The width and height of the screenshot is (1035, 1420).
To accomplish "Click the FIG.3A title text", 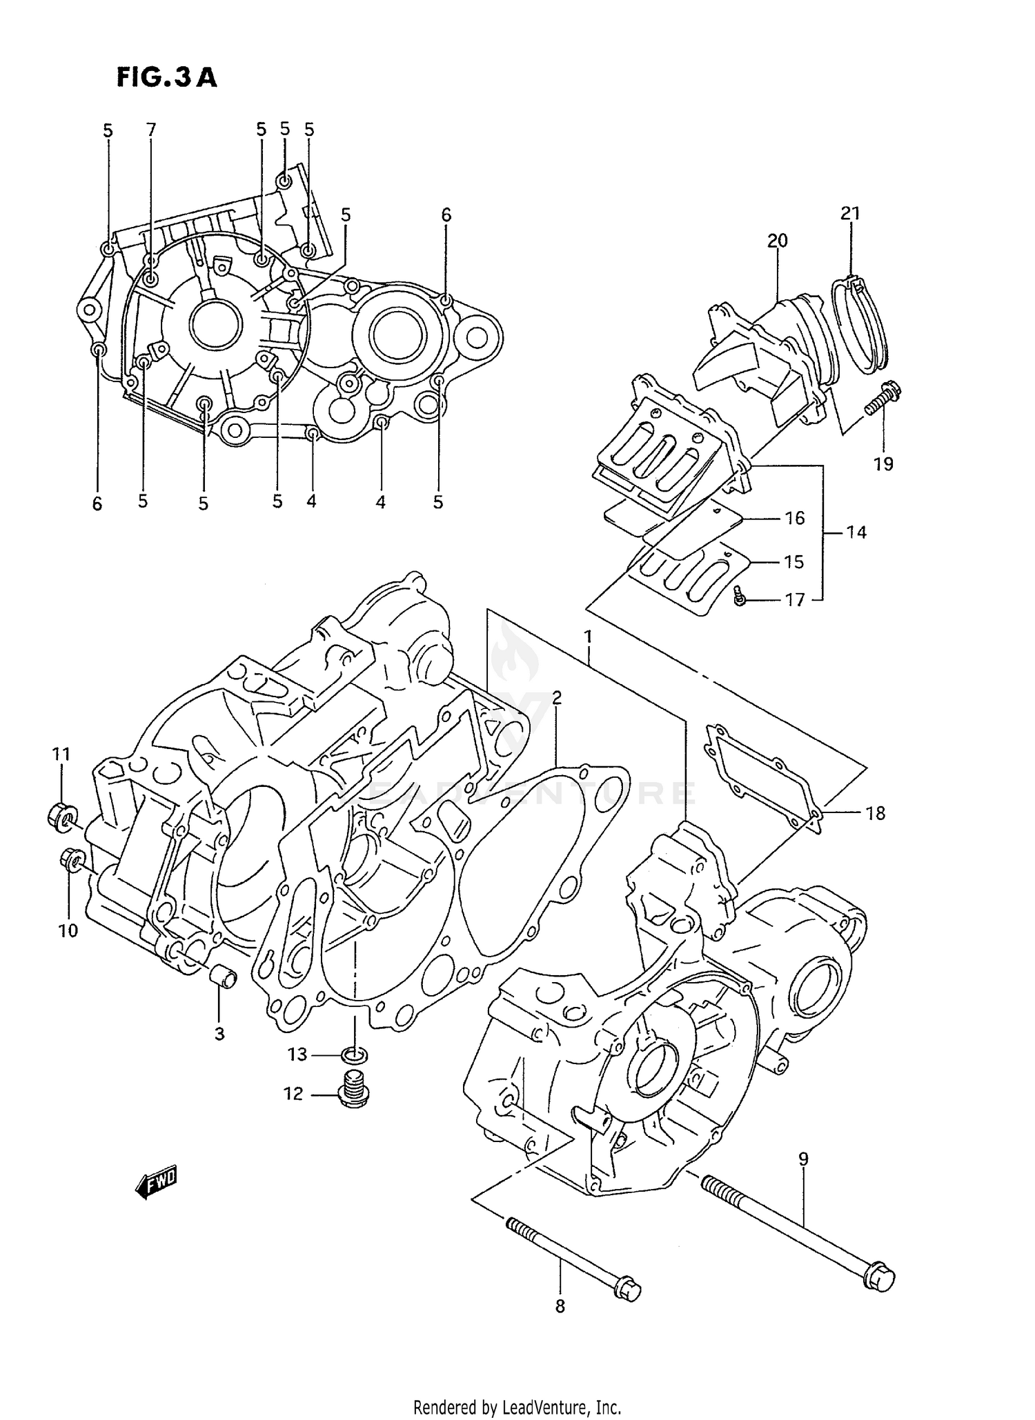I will pyautogui.click(x=166, y=78).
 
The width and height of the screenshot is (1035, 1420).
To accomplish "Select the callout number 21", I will pyautogui.click(x=850, y=213).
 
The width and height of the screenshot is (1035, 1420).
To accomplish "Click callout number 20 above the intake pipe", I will pyautogui.click(x=777, y=241).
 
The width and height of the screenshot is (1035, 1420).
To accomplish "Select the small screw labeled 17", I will pyautogui.click(x=740, y=597).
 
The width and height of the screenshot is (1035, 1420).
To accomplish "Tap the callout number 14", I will pyautogui.click(x=856, y=532).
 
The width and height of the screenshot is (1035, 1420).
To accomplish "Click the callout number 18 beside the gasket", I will pyautogui.click(x=875, y=813).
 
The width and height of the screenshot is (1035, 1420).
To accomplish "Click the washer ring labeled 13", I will pyautogui.click(x=355, y=1054).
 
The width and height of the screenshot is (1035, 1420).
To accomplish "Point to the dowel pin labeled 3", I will pyautogui.click(x=222, y=978).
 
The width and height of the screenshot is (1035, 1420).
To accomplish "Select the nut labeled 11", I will pyautogui.click(x=61, y=816).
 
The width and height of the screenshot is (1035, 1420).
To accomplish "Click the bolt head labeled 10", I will pyautogui.click(x=71, y=859).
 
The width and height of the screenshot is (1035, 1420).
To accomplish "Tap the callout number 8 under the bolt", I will pyautogui.click(x=560, y=1306).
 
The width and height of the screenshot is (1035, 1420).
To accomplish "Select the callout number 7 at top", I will pyautogui.click(x=151, y=129).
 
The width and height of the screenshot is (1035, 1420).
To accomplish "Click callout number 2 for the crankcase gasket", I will pyautogui.click(x=556, y=697).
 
